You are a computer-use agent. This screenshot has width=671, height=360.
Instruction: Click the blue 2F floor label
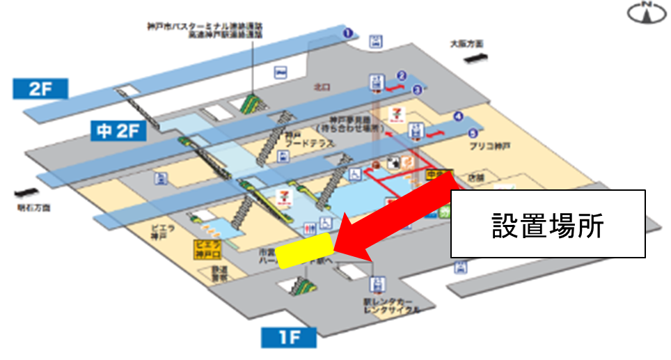point(40,89)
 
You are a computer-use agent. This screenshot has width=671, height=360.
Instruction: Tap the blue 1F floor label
point(288,338)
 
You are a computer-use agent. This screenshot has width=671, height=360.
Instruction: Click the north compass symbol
point(642,12)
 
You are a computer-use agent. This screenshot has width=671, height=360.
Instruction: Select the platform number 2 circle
point(401,76)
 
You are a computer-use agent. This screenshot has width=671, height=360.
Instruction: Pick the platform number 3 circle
point(417,88)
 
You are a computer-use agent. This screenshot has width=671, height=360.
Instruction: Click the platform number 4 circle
point(457,116)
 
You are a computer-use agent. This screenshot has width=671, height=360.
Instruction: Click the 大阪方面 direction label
point(466,44)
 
